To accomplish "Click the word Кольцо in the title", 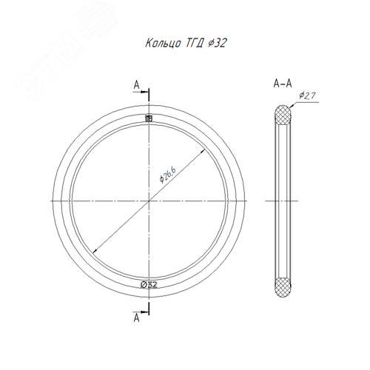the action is click(x=163, y=44).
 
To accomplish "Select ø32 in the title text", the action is click(x=217, y=43).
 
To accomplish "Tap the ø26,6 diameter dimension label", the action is click(x=167, y=175).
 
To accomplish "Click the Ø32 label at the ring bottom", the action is click(x=149, y=285).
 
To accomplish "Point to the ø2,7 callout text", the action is click(x=307, y=95).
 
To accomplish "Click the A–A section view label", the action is click(x=283, y=84).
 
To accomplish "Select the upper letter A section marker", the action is click(x=136, y=85).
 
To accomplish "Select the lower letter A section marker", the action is click(x=136, y=317).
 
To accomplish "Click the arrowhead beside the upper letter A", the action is click(x=145, y=92).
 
